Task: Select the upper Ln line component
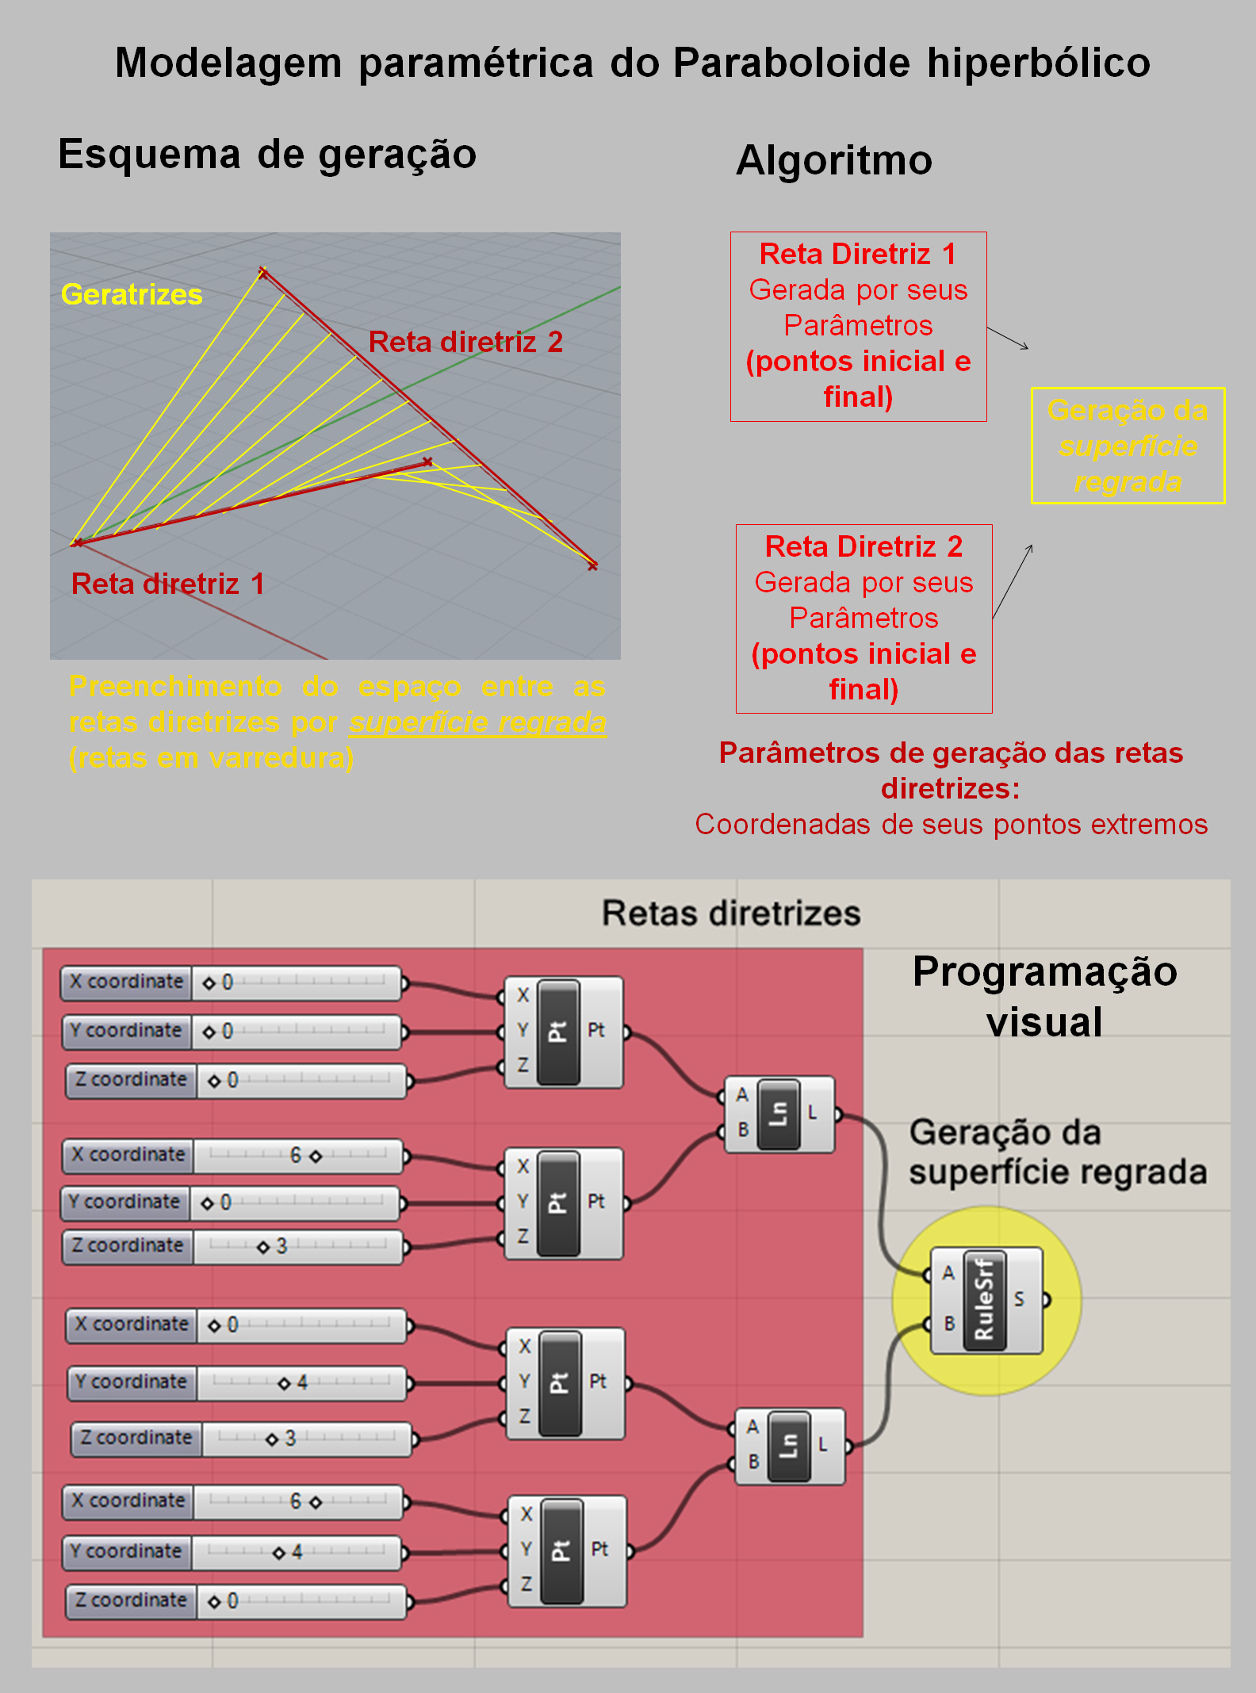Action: point(779,1113)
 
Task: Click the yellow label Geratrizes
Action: point(132,294)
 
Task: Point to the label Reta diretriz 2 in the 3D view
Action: point(465,342)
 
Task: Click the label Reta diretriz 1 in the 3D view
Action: point(167,584)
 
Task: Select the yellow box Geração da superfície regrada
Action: point(1127,445)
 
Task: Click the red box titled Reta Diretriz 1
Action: point(858,326)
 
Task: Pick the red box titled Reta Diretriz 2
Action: point(863,619)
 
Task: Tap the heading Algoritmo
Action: point(833,160)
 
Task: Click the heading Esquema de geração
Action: point(267,154)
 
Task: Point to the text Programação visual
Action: point(1044,996)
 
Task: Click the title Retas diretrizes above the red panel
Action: point(730,913)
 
